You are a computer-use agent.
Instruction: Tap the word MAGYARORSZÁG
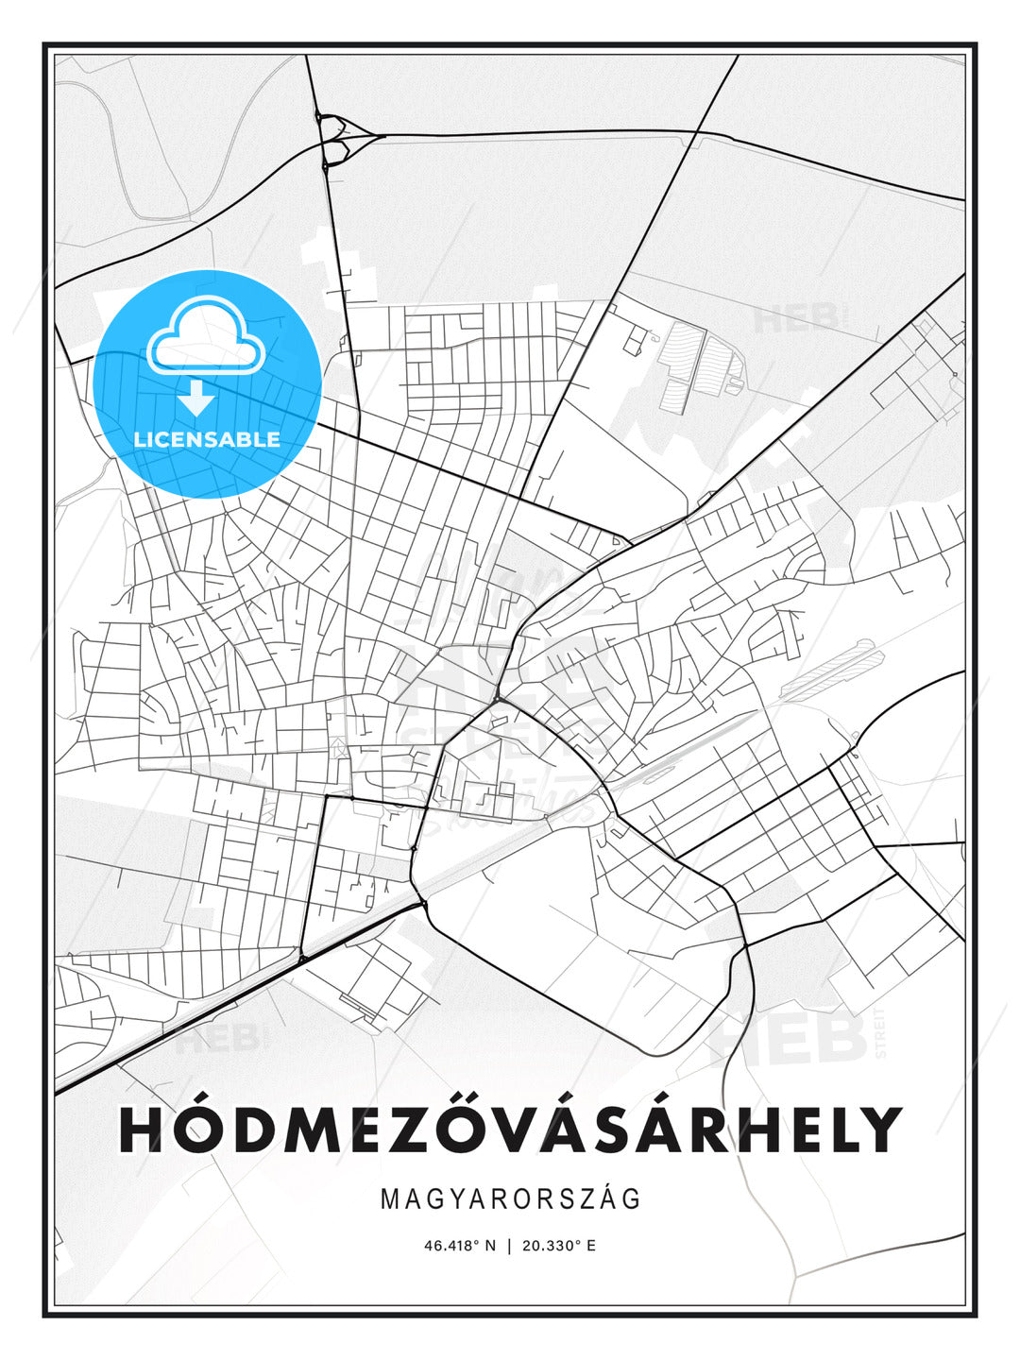tap(510, 1198)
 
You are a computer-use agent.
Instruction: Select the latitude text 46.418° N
tap(460, 1245)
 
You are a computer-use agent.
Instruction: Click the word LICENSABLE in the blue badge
tap(207, 439)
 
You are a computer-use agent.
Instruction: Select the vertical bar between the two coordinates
tap(510, 1245)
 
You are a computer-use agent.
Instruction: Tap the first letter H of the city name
tap(142, 1129)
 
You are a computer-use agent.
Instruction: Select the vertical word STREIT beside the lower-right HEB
tap(881, 1034)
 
